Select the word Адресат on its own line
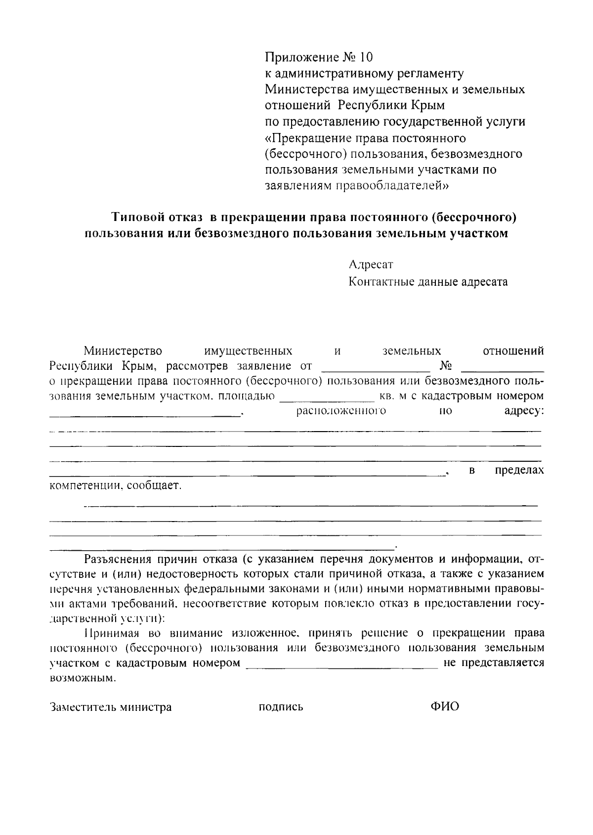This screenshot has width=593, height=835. (371, 265)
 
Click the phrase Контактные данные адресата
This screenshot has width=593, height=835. (428, 282)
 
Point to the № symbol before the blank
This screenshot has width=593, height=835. (446, 366)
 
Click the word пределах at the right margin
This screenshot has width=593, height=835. (519, 470)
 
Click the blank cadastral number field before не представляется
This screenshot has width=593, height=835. (342, 663)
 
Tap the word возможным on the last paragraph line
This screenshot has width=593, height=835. (83, 678)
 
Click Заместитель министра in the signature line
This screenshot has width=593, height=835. (111, 707)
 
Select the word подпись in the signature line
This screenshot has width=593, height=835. (281, 707)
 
